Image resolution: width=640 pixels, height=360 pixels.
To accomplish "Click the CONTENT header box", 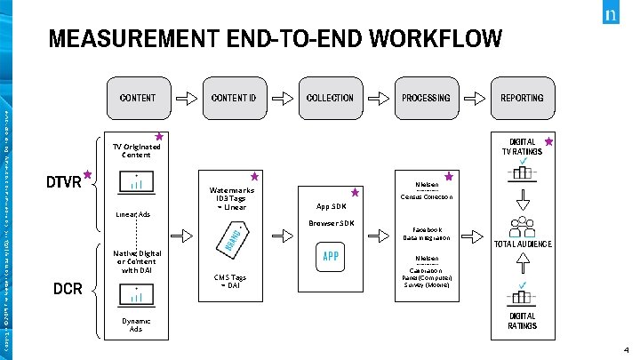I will [137, 98].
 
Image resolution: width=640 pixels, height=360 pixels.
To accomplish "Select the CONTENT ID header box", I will [234, 98].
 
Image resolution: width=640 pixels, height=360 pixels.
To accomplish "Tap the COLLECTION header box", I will [330, 98].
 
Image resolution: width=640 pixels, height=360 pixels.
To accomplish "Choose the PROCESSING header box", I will [426, 98].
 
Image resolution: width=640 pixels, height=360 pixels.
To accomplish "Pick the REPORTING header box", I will [522, 98].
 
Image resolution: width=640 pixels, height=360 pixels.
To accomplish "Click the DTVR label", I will [63, 182].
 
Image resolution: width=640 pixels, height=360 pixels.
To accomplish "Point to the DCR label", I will [68, 289].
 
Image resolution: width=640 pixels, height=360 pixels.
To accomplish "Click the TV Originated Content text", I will [131, 150].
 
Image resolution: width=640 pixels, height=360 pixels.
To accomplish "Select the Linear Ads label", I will [132, 214].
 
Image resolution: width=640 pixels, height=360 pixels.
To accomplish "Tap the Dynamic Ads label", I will [135, 324].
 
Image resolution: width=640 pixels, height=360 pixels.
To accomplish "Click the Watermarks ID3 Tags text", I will [232, 198].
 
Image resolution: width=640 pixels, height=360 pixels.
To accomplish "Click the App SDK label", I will [331, 206].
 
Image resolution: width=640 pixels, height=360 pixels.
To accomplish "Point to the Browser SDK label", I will [330, 223].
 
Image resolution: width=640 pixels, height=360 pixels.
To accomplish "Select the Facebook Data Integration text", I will [427, 233].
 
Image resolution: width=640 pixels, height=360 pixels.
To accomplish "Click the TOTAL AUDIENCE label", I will [523, 244].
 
